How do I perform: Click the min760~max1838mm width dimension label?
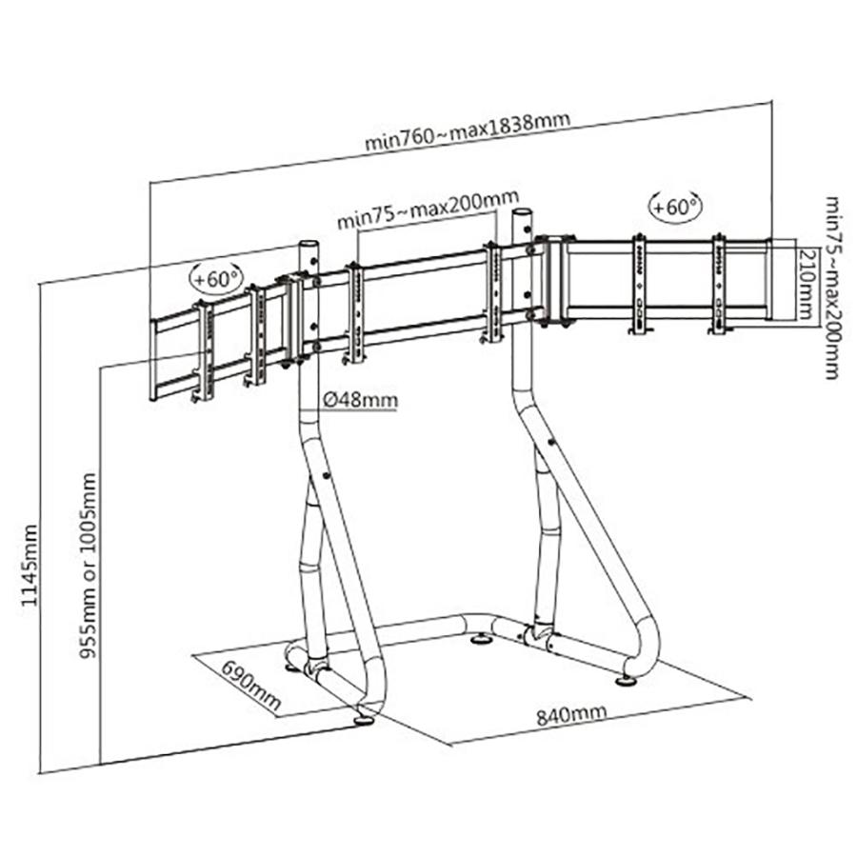coord(467,132)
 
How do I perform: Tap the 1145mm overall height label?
coord(31,566)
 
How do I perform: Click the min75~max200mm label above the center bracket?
coord(421,216)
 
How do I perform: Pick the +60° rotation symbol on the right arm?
coord(674,205)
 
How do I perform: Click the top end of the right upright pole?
coord(523,212)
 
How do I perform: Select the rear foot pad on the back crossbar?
coord(484,638)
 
